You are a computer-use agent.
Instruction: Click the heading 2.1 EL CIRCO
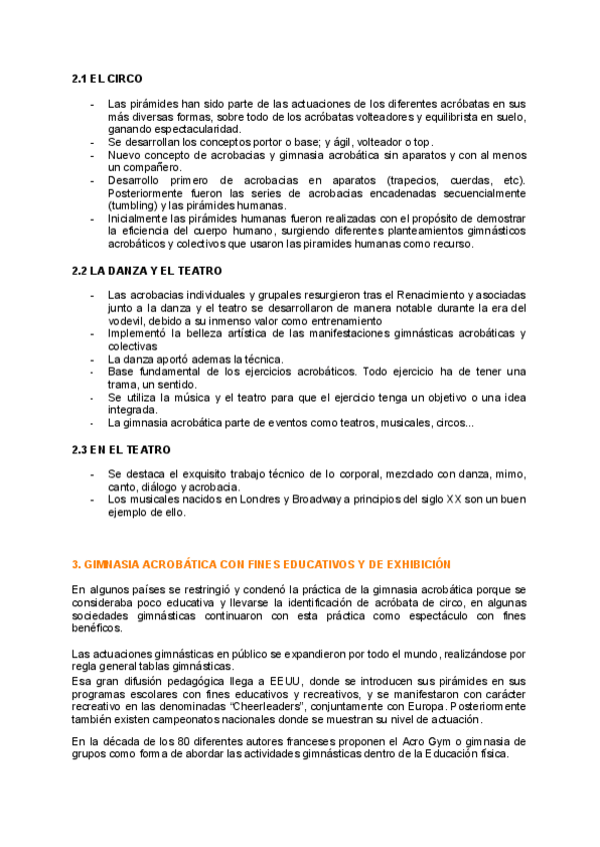click(107, 78)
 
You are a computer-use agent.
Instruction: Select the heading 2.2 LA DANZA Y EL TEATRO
click(147, 270)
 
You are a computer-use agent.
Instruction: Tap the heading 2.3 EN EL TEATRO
click(121, 449)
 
